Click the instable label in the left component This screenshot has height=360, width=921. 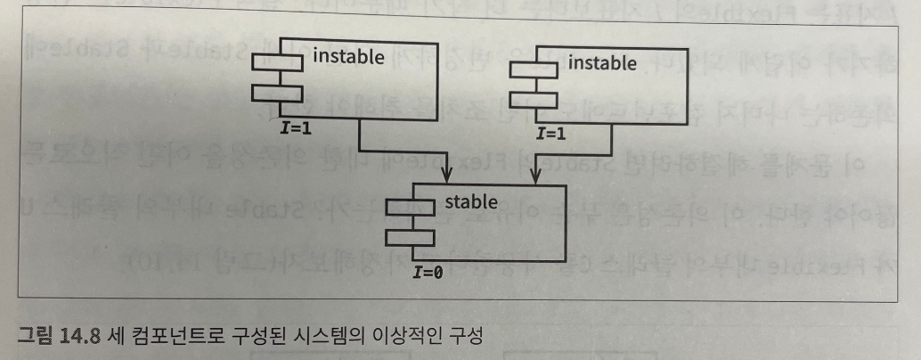[x=348, y=58]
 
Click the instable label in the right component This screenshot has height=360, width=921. [x=602, y=63]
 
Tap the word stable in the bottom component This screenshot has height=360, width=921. [x=471, y=202]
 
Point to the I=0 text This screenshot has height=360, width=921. [x=429, y=273]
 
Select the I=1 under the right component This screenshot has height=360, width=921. [x=552, y=134]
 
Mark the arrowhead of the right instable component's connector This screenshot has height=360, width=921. [x=533, y=178]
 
